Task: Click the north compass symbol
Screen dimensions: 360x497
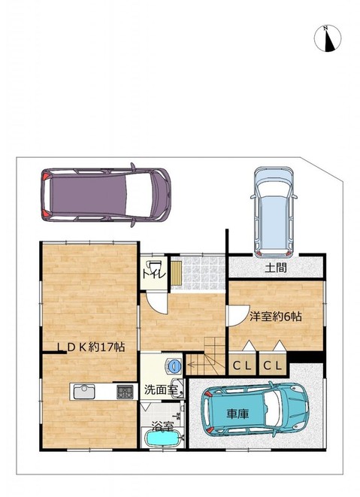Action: pos(328,38)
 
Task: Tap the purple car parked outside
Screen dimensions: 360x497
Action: pos(106,195)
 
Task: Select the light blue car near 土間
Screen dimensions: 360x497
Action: pos(274,212)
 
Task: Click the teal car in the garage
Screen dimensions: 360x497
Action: pos(256,410)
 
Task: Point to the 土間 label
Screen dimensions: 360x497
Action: pos(276,268)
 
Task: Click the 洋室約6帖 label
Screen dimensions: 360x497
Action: pos(275,317)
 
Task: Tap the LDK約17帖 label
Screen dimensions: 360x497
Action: pos(91,347)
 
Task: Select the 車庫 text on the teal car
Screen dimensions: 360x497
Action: pos(237,414)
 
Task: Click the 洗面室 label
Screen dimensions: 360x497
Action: pos(161,389)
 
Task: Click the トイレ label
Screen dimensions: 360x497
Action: pos(154,274)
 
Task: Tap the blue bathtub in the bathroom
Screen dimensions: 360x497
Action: pos(162,438)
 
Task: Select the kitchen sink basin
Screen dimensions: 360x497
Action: pos(84,392)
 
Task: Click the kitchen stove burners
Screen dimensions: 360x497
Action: pos(125,392)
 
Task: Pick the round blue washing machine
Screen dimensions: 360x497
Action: pos(174,366)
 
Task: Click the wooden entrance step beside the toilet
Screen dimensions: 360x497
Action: pos(177,273)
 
